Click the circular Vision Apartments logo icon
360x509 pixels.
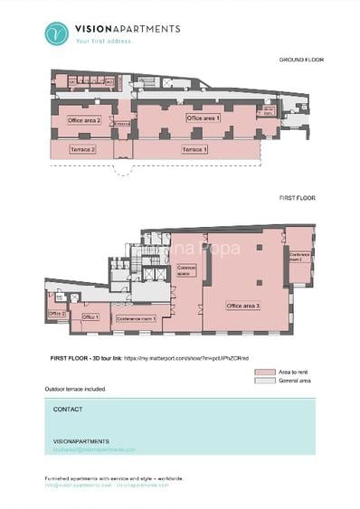point(57,33)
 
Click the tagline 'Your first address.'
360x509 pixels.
point(105,41)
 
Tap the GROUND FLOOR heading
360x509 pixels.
point(301,60)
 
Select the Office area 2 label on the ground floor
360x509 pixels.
point(84,119)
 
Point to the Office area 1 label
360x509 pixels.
point(203,118)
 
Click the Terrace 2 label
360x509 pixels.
point(82,149)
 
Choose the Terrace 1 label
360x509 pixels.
point(194,149)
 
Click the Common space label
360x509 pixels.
point(186,269)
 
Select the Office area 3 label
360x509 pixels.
point(242,306)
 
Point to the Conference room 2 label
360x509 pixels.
point(300,257)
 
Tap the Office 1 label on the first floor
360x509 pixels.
point(90,317)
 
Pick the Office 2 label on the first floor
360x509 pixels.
point(56,314)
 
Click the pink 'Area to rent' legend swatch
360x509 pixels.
point(264,372)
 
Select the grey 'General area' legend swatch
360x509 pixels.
point(264,381)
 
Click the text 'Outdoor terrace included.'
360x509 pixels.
point(75,389)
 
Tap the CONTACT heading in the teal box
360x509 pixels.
point(68,410)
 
